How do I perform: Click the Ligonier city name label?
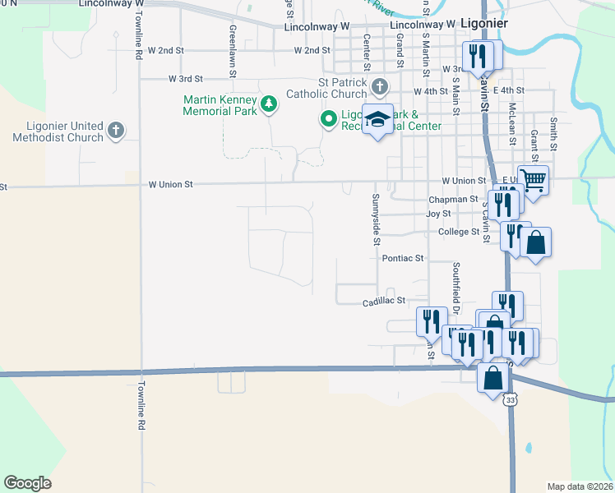(484, 23)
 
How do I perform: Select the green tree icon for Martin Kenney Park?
(269, 104)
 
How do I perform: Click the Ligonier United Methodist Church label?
(58, 131)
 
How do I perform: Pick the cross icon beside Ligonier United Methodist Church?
(116, 130)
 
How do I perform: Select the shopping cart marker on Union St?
(534, 178)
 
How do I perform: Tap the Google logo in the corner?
(27, 483)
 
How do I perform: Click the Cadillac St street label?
(386, 302)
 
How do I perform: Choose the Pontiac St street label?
(402, 258)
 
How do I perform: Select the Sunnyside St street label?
(375, 219)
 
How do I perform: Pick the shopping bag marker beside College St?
(535, 242)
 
